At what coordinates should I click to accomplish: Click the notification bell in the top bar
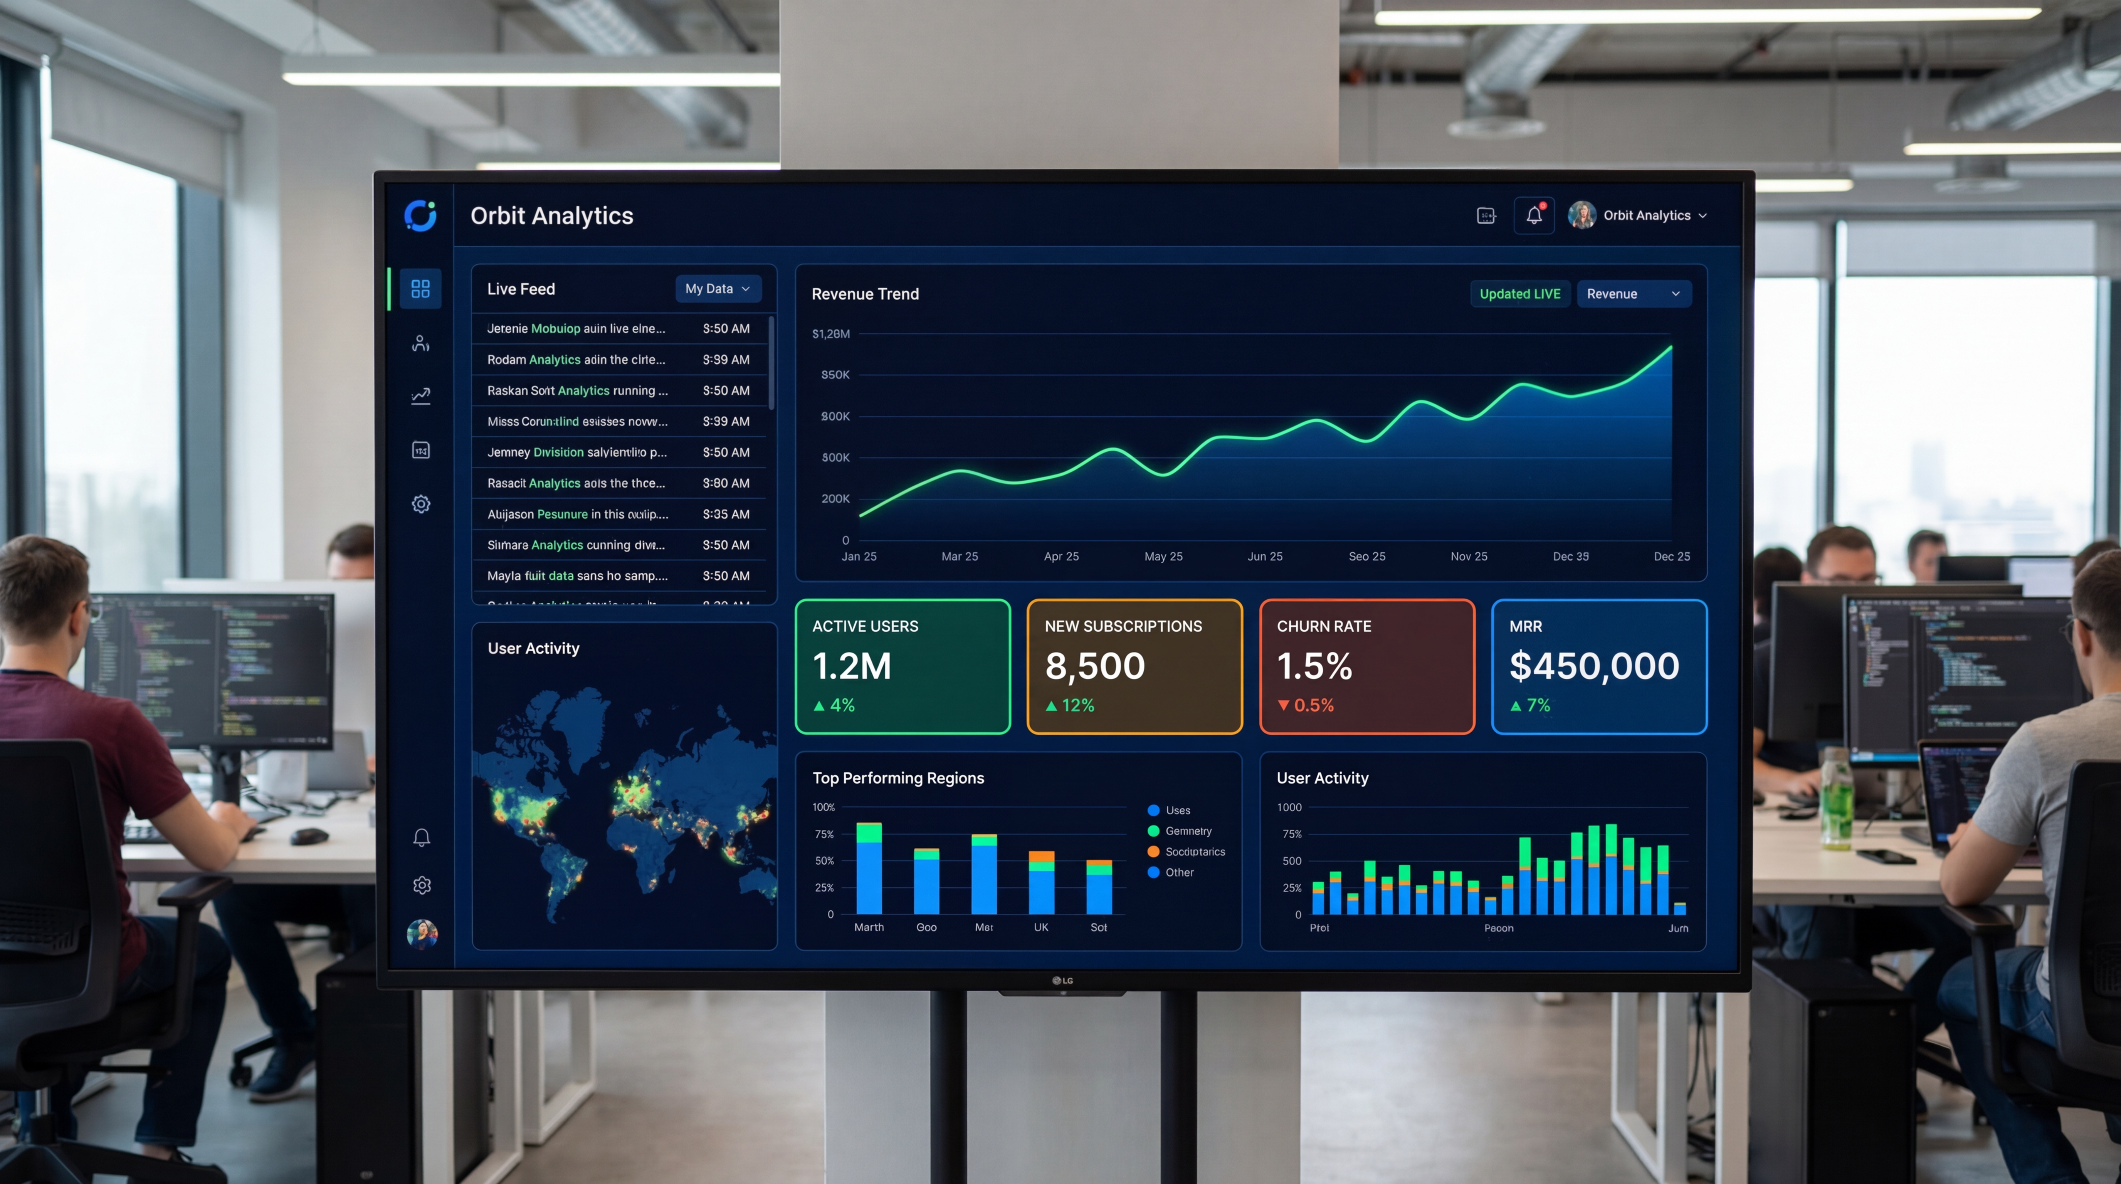pos(1533,216)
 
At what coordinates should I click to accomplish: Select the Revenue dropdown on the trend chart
pos(1633,294)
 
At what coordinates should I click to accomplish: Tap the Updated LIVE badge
pos(1519,294)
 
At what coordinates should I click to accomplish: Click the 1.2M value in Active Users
pos(851,666)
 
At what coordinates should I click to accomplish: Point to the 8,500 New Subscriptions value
pos(1094,666)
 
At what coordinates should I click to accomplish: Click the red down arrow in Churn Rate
pos(1283,706)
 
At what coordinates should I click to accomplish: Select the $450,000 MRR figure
pos(1593,666)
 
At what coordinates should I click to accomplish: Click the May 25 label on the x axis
pos(1163,557)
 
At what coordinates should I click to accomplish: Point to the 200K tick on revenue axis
pos(835,499)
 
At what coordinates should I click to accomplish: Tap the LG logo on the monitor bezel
pos(1062,980)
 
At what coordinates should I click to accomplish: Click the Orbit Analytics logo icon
pos(420,216)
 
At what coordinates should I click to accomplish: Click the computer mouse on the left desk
pos(309,836)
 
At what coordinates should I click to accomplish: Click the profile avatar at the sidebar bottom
pos(422,935)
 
